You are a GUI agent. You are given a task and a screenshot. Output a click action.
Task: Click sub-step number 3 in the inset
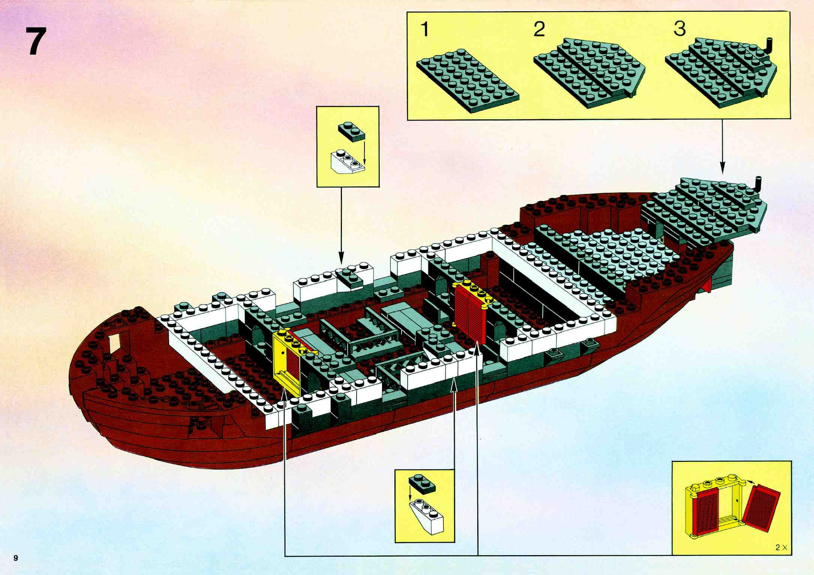click(x=679, y=28)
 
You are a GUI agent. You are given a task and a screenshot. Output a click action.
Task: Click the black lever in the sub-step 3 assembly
click(x=767, y=47)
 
